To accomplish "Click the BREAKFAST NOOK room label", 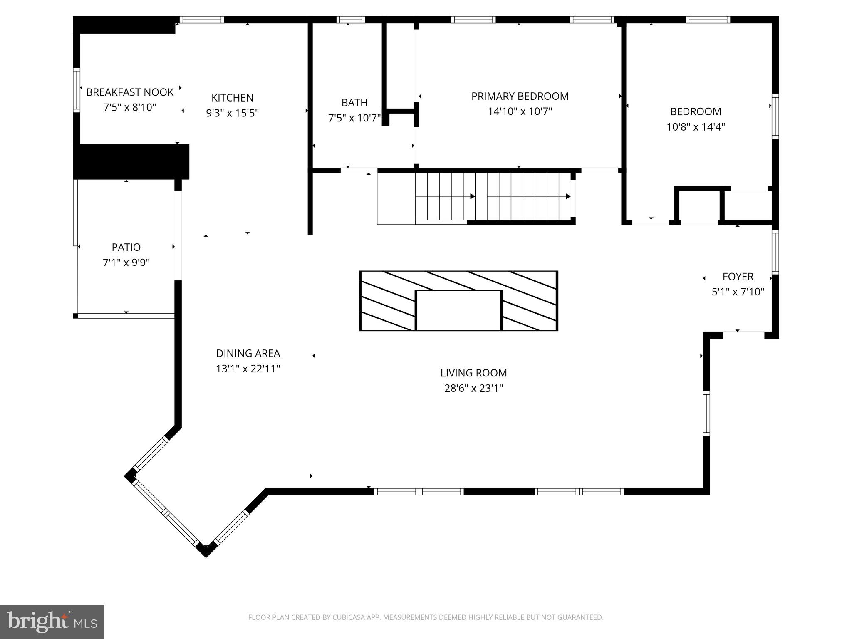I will click(130, 92).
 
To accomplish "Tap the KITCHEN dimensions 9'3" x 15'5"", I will click(232, 113).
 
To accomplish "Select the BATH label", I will click(354, 103).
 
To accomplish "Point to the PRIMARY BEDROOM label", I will click(520, 97).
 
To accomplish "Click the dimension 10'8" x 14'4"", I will click(696, 127).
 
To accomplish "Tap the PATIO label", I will click(126, 248).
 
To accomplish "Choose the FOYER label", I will click(738, 277).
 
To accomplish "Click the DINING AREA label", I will click(248, 354).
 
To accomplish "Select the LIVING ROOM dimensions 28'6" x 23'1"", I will click(473, 389).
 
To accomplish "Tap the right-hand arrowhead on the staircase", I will click(568, 196).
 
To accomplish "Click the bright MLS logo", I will click(52, 622).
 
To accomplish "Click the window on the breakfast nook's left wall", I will click(76, 90).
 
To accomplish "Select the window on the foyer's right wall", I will click(775, 252).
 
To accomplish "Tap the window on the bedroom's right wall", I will click(775, 116).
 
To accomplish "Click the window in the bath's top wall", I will click(350, 20).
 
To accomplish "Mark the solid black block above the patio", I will click(131, 162).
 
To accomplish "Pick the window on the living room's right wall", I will click(706, 414).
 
